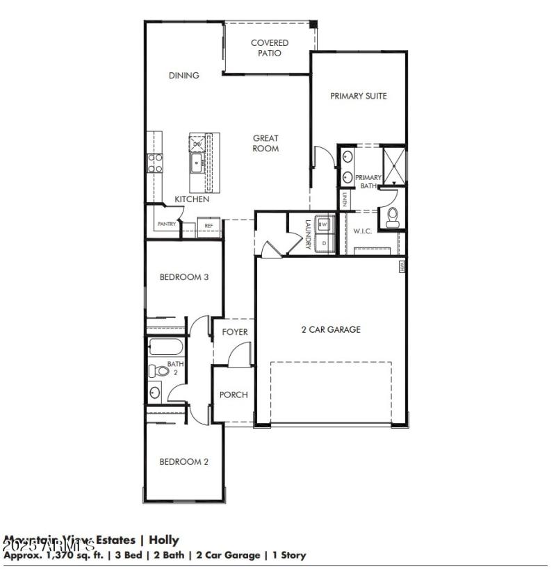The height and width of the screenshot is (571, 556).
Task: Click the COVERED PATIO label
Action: (x=270, y=48)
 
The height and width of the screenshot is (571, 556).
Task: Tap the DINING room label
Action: (x=183, y=76)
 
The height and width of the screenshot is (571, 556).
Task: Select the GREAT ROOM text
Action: (x=265, y=143)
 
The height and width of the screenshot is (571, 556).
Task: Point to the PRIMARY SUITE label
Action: (x=358, y=96)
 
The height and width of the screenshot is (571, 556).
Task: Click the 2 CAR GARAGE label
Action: (x=331, y=329)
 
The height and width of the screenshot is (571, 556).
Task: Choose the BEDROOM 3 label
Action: (x=184, y=277)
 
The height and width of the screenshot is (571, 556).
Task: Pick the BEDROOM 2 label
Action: (x=184, y=462)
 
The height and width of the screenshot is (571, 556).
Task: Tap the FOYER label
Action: (x=235, y=332)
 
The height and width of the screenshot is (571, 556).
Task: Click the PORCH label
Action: (x=234, y=395)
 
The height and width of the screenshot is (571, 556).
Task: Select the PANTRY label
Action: (x=166, y=224)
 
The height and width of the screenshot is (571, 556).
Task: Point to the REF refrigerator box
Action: (x=208, y=226)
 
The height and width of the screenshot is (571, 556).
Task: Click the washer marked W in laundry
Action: (x=324, y=224)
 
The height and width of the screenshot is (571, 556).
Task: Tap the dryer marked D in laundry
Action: (x=324, y=243)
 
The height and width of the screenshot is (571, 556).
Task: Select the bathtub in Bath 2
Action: (x=165, y=347)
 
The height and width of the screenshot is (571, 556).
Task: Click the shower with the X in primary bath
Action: (x=393, y=164)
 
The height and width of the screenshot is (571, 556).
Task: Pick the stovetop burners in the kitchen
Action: (x=154, y=163)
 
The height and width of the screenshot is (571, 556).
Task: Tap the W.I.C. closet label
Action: (x=363, y=231)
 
